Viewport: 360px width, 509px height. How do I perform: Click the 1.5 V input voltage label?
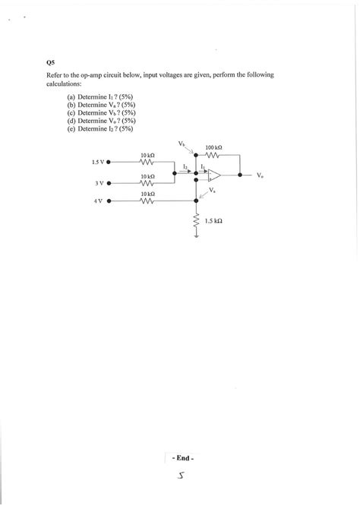[97, 162]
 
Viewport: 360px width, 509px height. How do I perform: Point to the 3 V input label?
[99, 183]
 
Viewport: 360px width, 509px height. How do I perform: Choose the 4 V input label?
[99, 201]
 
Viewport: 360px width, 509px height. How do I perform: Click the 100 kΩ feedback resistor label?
[213, 147]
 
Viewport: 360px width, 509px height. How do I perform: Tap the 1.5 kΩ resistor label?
[213, 220]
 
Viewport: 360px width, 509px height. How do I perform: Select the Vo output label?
[260, 175]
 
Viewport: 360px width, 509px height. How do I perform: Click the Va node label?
[212, 191]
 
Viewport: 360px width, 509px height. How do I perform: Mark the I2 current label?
[185, 165]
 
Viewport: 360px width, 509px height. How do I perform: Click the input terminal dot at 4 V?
[109, 201]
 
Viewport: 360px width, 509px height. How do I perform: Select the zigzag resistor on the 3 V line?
[148, 183]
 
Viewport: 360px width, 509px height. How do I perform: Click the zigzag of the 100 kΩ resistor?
[213, 155]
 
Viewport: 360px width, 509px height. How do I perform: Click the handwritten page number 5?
[182, 476]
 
